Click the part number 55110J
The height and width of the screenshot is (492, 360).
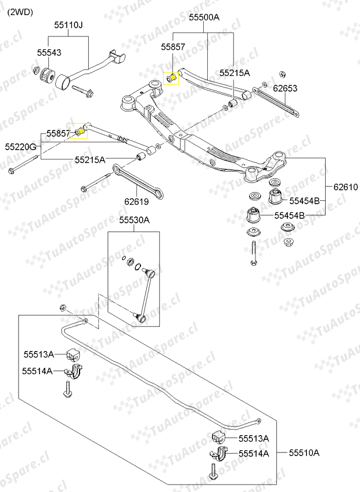point(69,25)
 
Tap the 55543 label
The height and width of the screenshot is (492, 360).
point(49,52)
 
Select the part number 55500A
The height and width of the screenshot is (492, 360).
point(204,18)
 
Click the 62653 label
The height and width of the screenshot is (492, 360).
point(285,89)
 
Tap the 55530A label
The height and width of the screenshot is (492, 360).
point(135,220)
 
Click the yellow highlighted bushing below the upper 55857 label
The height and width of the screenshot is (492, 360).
point(171,77)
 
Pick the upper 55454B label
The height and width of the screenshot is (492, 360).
point(305,201)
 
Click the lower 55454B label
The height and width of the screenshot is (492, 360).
point(289,215)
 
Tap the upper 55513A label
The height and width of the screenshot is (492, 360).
point(38,354)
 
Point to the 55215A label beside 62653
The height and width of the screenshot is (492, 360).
point(235,73)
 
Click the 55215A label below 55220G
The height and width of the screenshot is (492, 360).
point(90,159)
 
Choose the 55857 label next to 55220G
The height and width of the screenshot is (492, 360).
point(59,133)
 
